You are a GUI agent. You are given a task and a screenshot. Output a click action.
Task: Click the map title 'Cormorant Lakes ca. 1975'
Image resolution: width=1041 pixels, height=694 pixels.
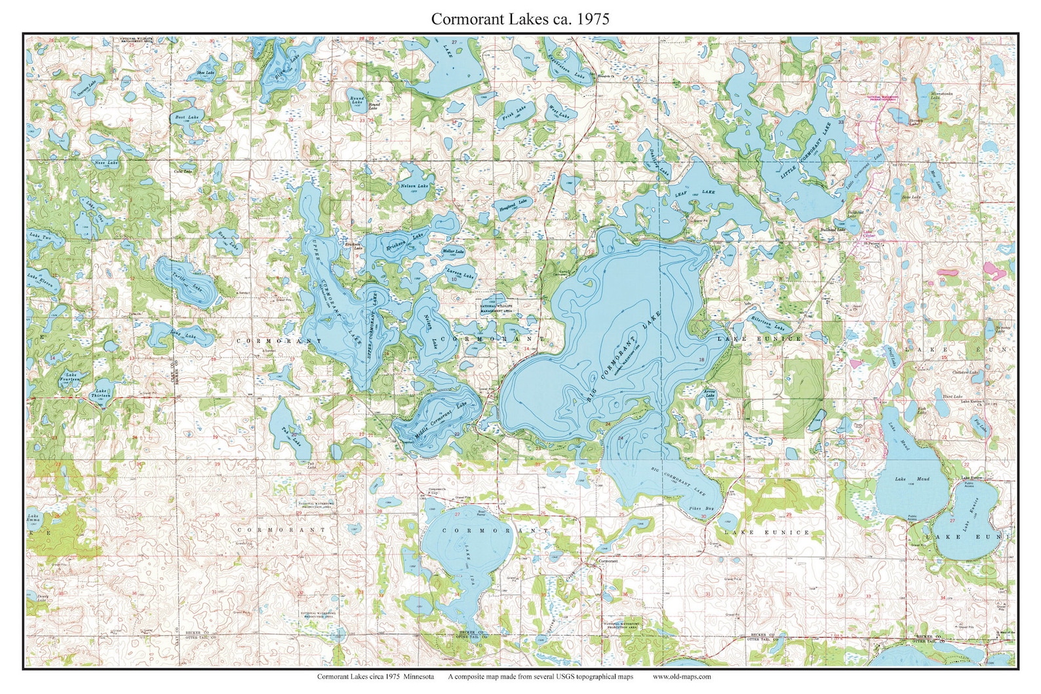(x=520, y=19)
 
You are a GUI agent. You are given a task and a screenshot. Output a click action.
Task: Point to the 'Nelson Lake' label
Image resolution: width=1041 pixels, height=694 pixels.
(x=414, y=186)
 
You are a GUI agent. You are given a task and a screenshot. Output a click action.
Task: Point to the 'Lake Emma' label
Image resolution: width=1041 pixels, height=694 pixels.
(x=33, y=519)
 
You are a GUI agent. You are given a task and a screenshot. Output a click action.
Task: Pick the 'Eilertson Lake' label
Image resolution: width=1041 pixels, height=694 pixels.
(x=768, y=323)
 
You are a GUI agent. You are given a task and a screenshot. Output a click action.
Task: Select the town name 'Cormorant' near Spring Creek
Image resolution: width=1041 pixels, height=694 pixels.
(x=608, y=561)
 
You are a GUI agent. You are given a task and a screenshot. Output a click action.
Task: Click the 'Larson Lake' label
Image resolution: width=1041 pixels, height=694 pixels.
(x=460, y=273)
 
